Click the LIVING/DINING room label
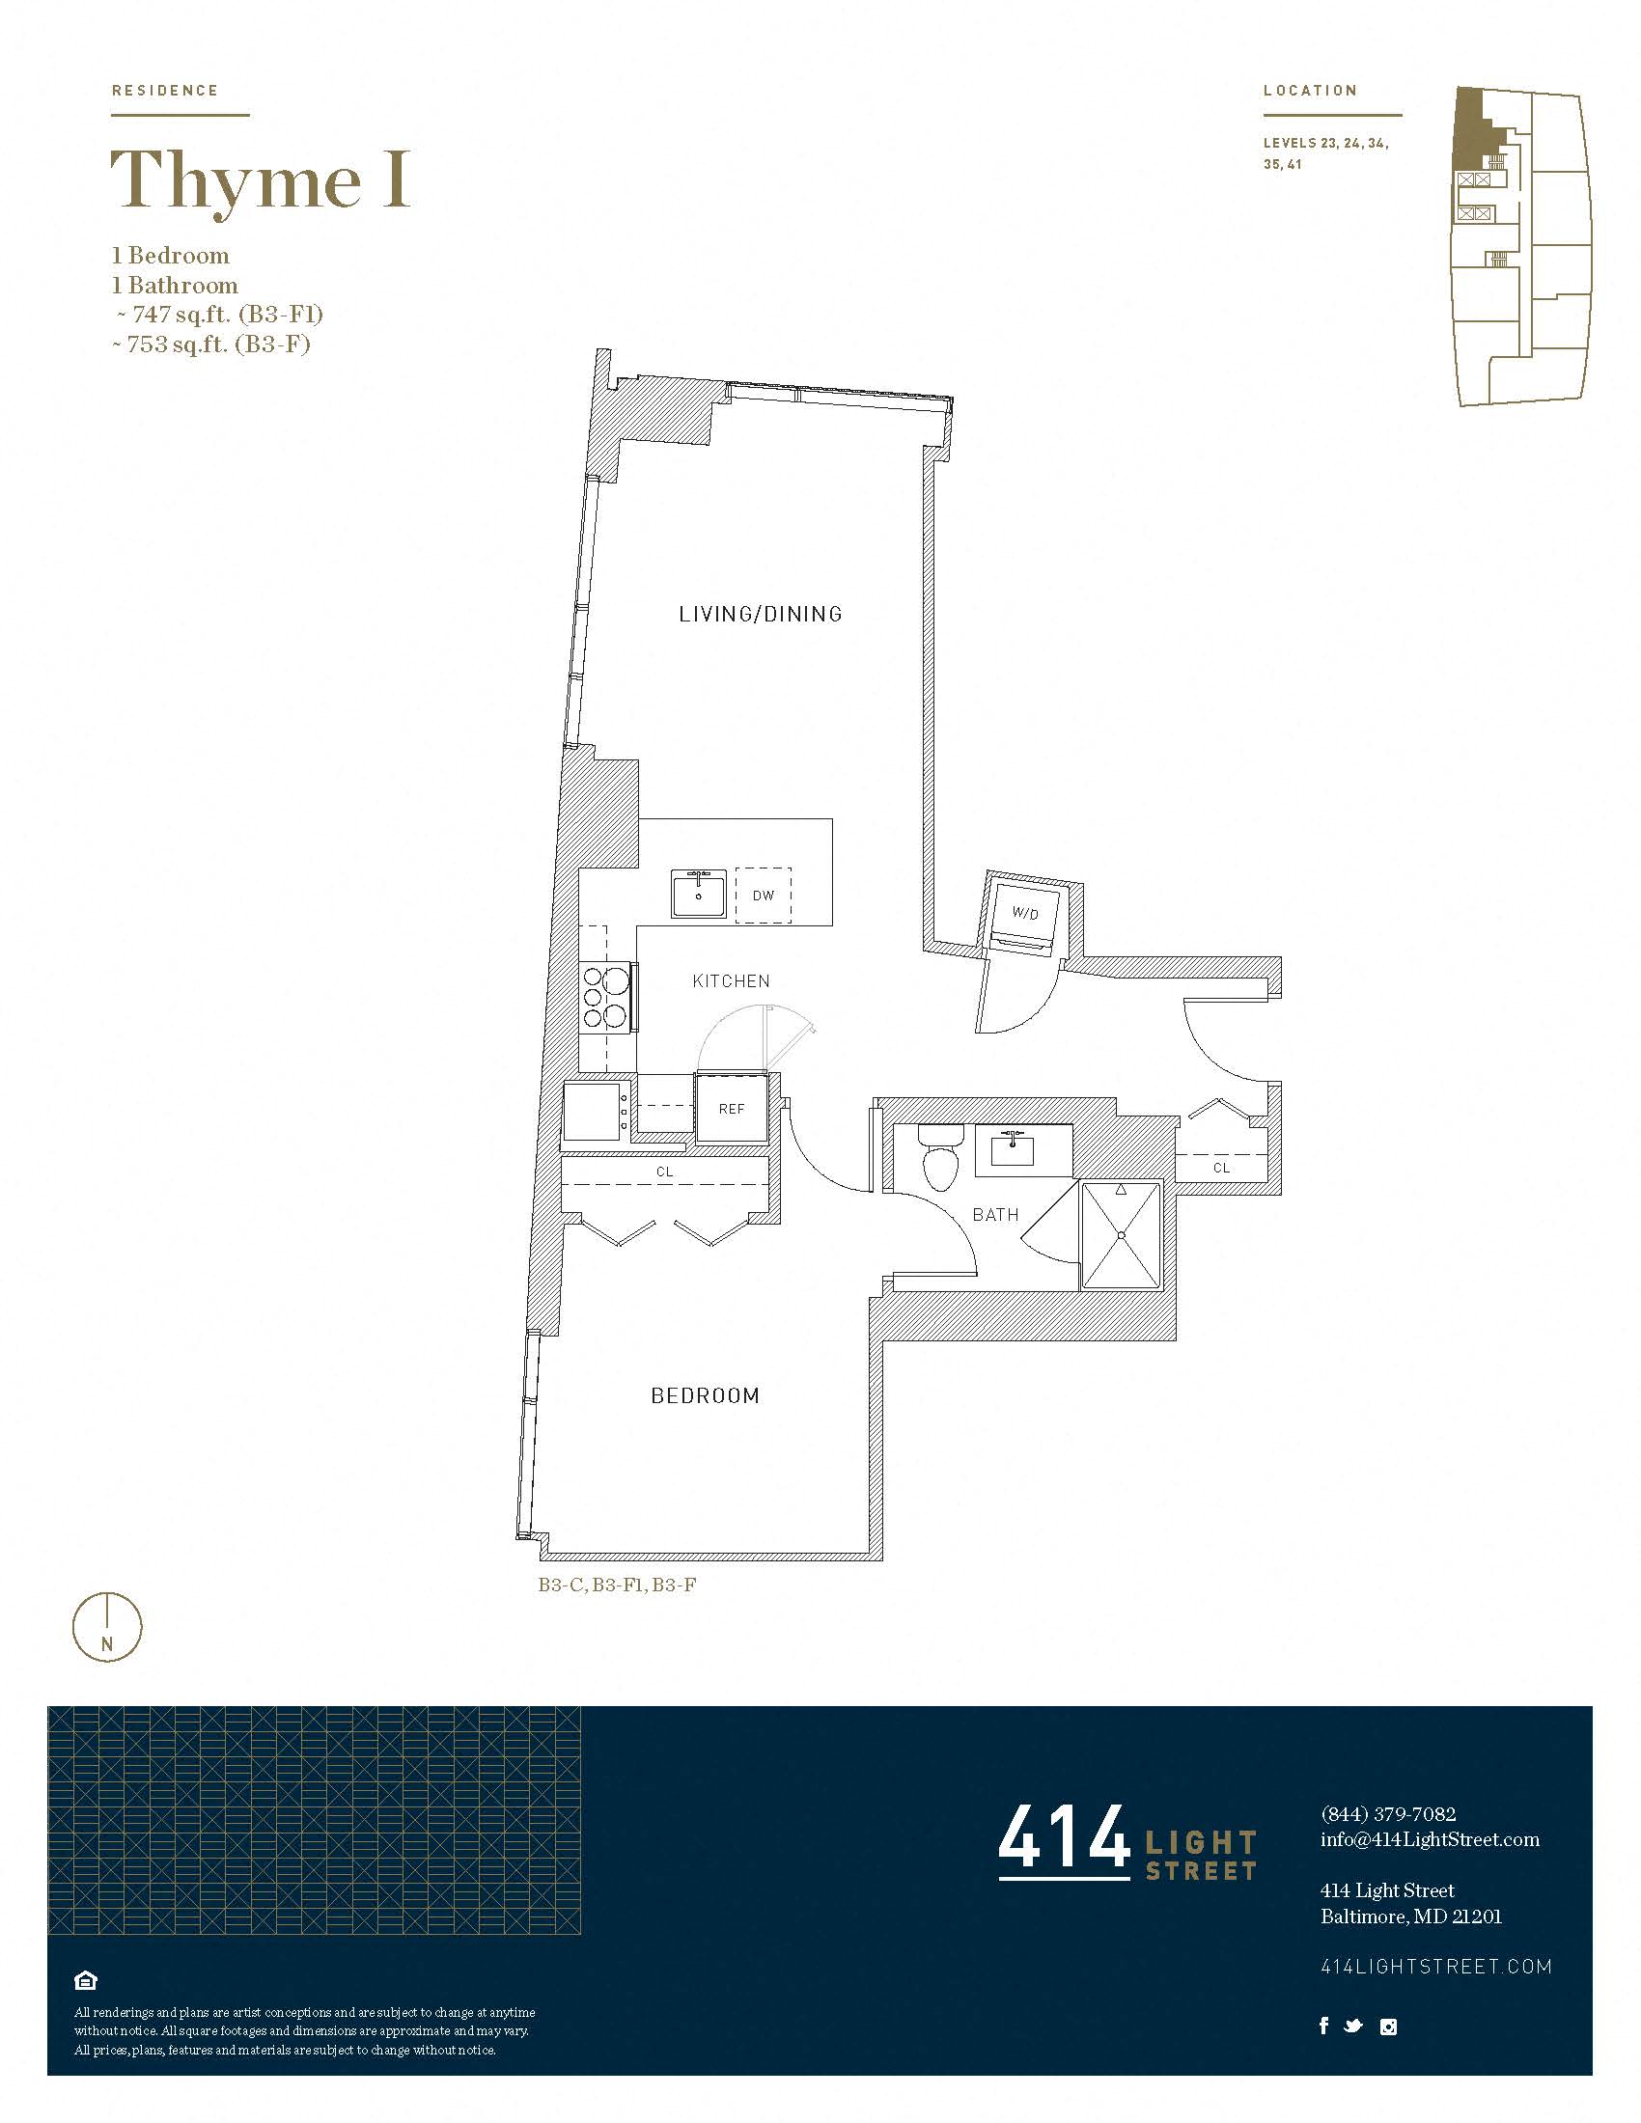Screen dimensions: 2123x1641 pyautogui.click(x=761, y=614)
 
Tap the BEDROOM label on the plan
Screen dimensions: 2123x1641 pyautogui.click(x=705, y=1396)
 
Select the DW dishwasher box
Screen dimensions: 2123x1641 pyautogui.click(x=764, y=896)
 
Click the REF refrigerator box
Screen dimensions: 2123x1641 pyautogui.click(x=731, y=1108)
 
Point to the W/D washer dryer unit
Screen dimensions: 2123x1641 pyautogui.click(x=1024, y=915)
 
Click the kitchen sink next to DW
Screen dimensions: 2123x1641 pyautogui.click(x=698, y=895)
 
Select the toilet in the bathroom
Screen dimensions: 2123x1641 pyautogui.click(x=940, y=1157)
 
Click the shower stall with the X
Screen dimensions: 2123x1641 pyautogui.click(x=1121, y=1234)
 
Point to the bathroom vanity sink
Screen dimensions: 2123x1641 pyautogui.click(x=1012, y=1150)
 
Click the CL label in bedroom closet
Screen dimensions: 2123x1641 pyautogui.click(x=665, y=1172)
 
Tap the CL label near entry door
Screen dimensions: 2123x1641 pyautogui.click(x=1221, y=1168)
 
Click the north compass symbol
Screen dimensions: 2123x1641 pyautogui.click(x=108, y=1627)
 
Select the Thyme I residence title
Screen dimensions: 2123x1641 pyautogui.click(x=260, y=179)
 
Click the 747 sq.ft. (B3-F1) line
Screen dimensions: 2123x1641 pyautogui.click(x=219, y=314)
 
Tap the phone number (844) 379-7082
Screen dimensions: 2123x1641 pyautogui.click(x=1387, y=1814)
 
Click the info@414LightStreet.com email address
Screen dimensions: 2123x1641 pyautogui.click(x=1429, y=1839)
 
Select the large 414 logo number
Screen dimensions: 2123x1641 pyautogui.click(x=1063, y=1838)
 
